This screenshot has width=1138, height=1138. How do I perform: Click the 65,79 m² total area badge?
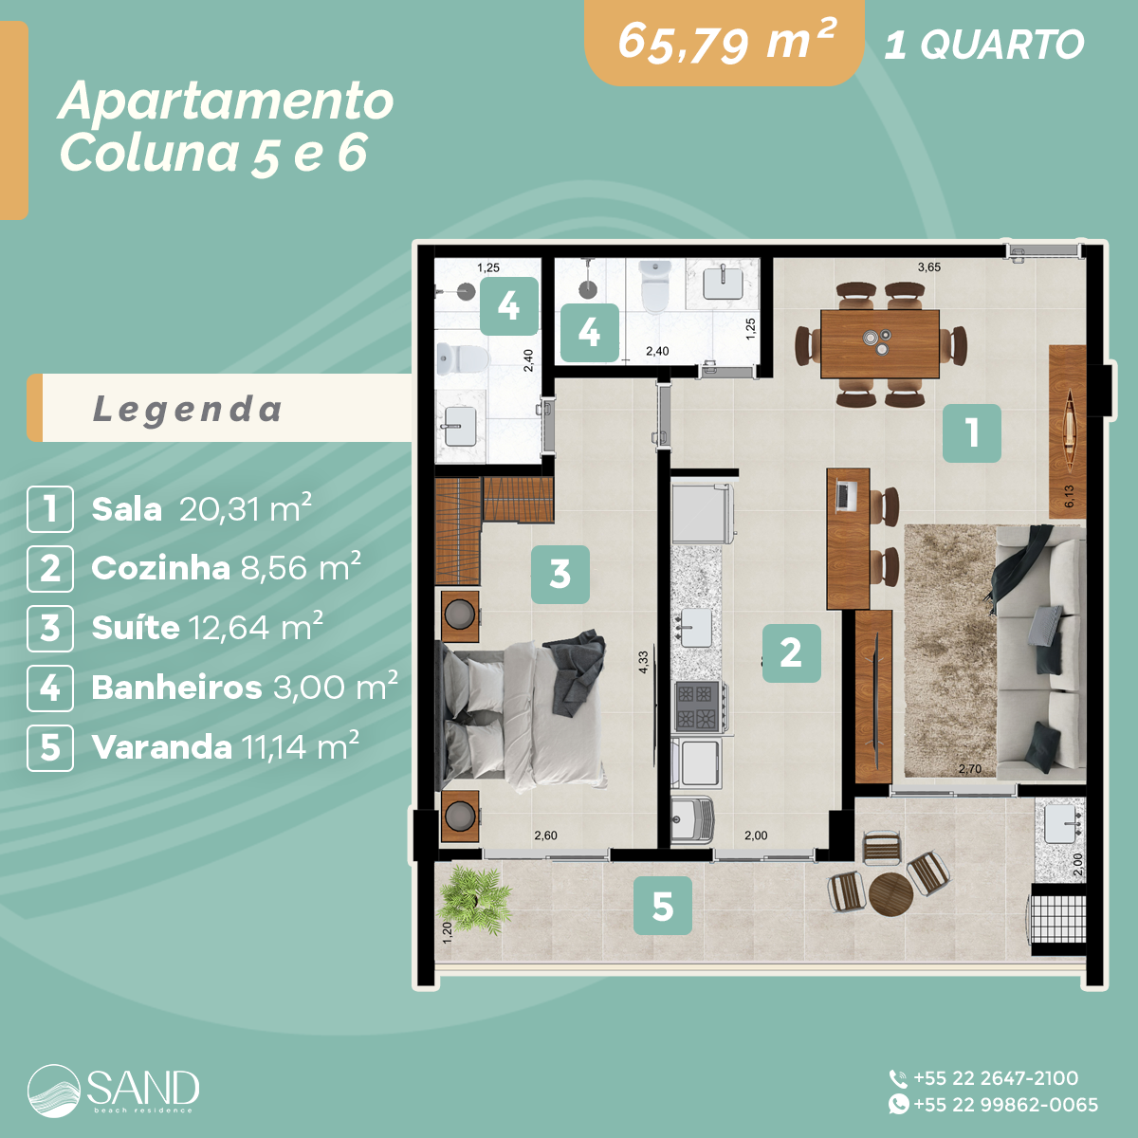tap(725, 43)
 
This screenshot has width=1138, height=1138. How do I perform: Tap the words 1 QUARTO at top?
tap(983, 45)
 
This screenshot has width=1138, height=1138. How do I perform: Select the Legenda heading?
tap(188, 409)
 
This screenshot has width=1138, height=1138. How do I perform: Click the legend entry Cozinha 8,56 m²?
tap(226, 568)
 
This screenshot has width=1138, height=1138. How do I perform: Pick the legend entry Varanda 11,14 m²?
tap(225, 747)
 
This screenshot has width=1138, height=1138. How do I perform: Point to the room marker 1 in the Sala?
tap(971, 433)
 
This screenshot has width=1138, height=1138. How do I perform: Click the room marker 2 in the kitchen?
tap(791, 652)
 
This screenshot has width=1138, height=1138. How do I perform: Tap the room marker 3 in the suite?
tap(560, 574)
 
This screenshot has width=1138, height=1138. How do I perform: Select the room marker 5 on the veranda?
tap(662, 906)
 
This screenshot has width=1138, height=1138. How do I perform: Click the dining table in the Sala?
tap(880, 343)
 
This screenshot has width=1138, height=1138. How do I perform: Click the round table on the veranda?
tap(890, 893)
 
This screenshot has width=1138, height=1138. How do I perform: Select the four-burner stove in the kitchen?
tap(697, 707)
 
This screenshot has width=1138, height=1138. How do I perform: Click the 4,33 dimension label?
tap(643, 662)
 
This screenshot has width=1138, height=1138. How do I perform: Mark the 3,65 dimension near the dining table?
tap(928, 267)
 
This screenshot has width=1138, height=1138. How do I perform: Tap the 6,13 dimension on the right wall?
tap(1069, 497)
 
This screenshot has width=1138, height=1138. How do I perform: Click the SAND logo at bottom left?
tap(114, 1091)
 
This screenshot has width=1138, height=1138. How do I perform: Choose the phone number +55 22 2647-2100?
tap(995, 1078)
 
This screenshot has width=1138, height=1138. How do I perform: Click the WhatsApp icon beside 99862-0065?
tap(898, 1105)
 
